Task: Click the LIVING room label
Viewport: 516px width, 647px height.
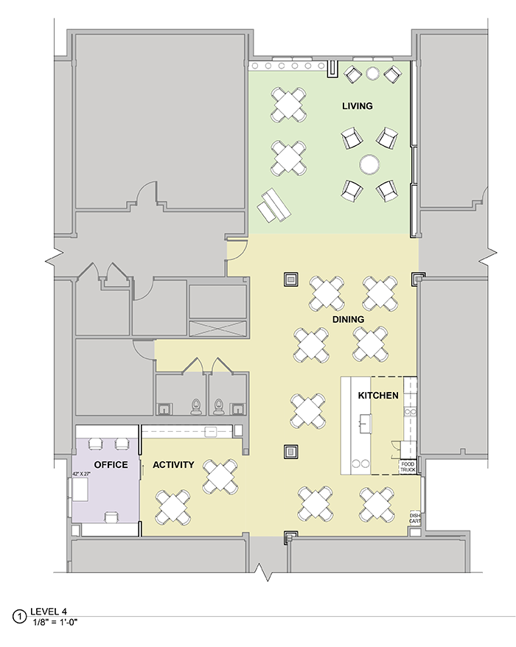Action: tap(357, 106)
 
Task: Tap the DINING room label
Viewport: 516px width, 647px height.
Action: tap(349, 319)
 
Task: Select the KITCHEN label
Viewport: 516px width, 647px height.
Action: tap(378, 396)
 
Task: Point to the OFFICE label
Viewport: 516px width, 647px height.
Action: tap(111, 465)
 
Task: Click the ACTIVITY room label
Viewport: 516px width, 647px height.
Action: tap(173, 465)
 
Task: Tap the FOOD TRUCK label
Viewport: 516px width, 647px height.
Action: tap(408, 467)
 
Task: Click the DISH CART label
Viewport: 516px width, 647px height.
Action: tap(415, 518)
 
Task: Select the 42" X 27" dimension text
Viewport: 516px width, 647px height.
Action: tap(81, 474)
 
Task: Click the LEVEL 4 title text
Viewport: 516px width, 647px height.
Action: tap(49, 612)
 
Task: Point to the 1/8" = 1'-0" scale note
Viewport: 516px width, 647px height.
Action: tap(55, 620)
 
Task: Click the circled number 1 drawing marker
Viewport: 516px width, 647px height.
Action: tap(19, 617)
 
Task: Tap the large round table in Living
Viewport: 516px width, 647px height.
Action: tap(369, 164)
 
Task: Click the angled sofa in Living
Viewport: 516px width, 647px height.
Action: tap(274, 206)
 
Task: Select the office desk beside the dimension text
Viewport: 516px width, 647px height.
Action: tap(80, 490)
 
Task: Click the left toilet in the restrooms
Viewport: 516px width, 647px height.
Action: tap(195, 407)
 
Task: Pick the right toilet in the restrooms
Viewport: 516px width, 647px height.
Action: tap(218, 407)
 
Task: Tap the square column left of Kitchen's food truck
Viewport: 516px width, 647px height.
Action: tap(291, 452)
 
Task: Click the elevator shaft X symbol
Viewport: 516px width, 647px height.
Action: tap(218, 328)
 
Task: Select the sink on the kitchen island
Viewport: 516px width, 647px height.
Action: tap(366, 424)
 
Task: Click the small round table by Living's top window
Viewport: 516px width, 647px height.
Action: tap(372, 74)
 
